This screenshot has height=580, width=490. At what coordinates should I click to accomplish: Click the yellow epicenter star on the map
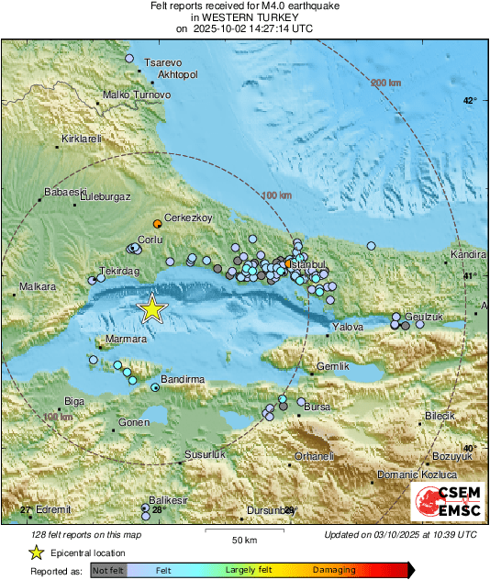[x=151, y=309]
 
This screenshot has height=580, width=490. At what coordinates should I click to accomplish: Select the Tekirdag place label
[x=118, y=273]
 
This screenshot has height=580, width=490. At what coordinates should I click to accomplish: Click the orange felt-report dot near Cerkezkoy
[x=157, y=223]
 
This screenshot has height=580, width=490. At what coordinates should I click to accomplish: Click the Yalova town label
[x=348, y=327]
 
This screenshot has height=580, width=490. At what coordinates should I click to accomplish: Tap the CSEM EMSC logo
[x=446, y=500]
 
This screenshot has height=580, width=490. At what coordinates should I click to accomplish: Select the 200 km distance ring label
[x=387, y=84]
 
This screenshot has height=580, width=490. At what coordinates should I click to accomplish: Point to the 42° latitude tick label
[x=469, y=101]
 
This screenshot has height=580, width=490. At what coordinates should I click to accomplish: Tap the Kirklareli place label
[x=79, y=139]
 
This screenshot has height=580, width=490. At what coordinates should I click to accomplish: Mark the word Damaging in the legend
[x=335, y=570]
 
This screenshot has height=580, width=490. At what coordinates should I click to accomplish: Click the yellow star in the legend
[x=37, y=552]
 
